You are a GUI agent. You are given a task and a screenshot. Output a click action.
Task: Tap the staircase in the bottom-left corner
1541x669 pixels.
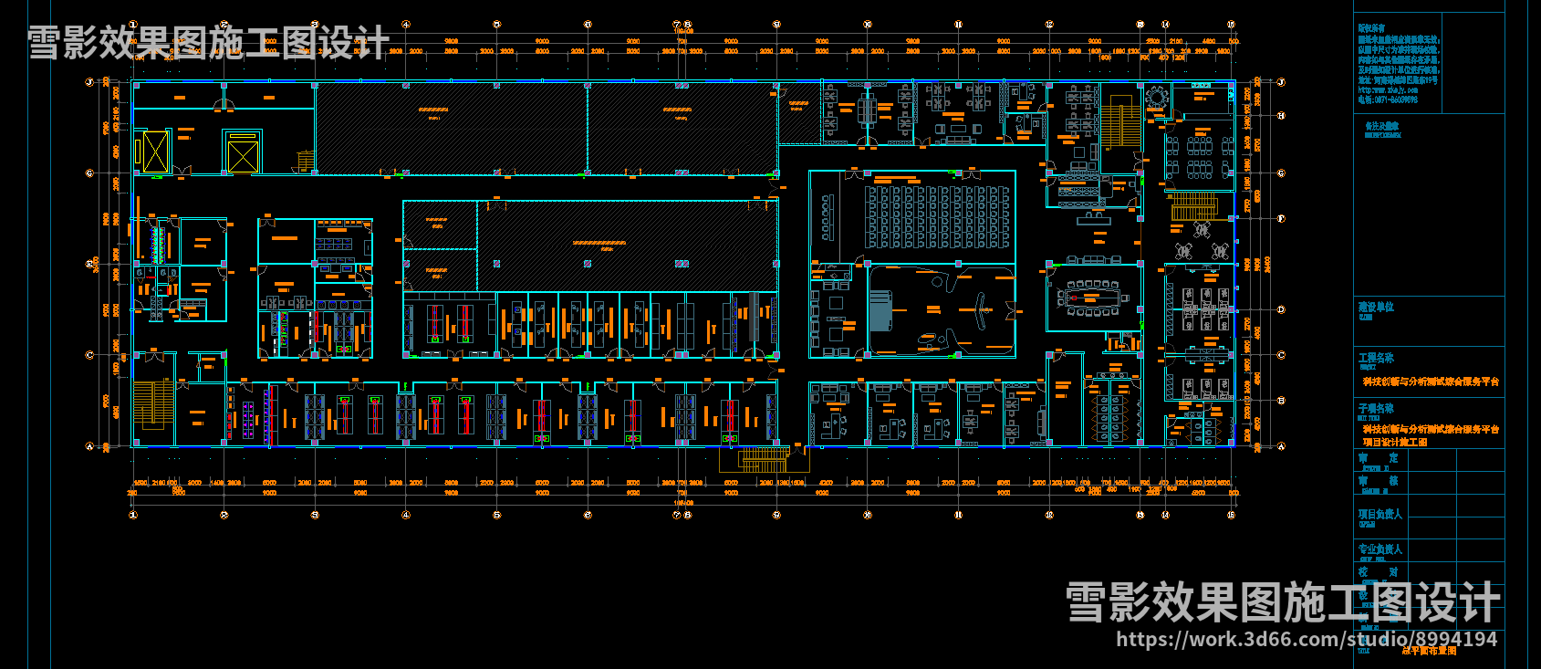pos(153,404)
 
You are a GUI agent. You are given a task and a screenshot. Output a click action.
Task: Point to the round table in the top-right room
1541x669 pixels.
pos(1157,97)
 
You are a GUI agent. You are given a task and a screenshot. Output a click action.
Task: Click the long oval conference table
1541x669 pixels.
pos(1092,298)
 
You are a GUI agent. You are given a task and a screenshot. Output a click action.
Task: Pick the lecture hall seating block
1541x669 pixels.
pos(937,217)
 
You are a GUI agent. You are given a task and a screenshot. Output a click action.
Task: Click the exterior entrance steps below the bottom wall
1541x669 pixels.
pos(763,459)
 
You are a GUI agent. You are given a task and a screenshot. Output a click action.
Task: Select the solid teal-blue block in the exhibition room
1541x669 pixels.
pos(880,311)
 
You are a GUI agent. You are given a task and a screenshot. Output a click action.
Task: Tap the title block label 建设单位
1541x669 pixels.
pos(1376,308)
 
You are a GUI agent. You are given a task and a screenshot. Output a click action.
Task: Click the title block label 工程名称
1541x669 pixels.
pos(1376,358)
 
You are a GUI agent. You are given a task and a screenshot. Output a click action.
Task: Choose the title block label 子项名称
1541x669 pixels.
pos(1376,408)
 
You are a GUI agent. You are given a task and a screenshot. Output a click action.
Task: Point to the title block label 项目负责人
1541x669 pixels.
pos(1380,515)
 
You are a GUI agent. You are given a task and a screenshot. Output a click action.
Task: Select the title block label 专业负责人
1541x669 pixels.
pos(1380,549)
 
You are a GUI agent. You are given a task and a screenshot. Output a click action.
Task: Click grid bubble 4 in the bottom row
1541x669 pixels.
pos(406,515)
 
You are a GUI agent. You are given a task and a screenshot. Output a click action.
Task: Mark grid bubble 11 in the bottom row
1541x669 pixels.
pos(958,515)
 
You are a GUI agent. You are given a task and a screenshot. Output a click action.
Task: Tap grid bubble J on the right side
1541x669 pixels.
pos(1281,82)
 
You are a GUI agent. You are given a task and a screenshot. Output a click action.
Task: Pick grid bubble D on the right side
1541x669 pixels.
pos(1281,309)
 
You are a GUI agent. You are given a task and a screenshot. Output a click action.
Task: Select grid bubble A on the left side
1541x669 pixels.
pos(89,446)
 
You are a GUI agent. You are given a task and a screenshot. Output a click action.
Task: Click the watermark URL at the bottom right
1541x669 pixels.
pos(1307,640)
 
